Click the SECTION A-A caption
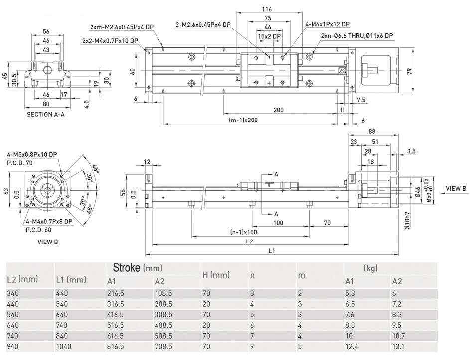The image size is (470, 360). click(x=46, y=114)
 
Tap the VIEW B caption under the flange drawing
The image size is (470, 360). click(x=48, y=242)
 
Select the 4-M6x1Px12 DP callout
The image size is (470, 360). click(x=327, y=24)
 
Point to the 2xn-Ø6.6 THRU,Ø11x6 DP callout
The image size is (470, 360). click(x=357, y=35)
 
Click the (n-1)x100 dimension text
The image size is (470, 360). click(x=244, y=232)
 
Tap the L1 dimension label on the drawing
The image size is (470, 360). click(x=271, y=251)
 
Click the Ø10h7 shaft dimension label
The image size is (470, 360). click(x=407, y=220)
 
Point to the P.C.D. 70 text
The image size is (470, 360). click(x=19, y=162)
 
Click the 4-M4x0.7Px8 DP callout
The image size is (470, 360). click(x=49, y=221)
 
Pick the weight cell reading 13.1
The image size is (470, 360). click(x=399, y=347)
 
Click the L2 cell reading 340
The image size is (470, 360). click(x=13, y=293)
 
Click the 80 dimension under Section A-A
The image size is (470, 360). click(x=45, y=104)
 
